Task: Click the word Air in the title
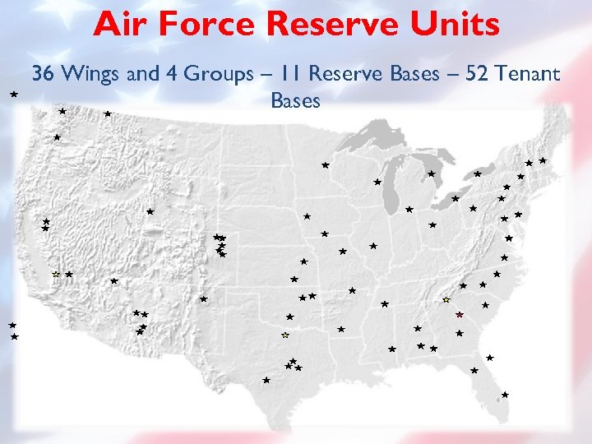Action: pyautogui.click(x=118, y=25)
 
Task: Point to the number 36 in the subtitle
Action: pyautogui.click(x=43, y=74)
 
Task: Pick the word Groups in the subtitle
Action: pyautogui.click(x=218, y=74)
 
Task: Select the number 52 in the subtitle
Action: pyautogui.click(x=479, y=74)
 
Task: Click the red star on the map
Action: pyautogui.click(x=460, y=315)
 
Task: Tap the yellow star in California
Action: pyautogui.click(x=56, y=274)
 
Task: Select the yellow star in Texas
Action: pyautogui.click(x=285, y=335)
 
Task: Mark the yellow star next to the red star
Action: pyautogui.click(x=446, y=300)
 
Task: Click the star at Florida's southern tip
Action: pyautogui.click(x=505, y=395)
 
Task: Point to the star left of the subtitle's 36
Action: pyautogui.click(x=14, y=95)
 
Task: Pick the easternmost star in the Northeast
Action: pyautogui.click(x=543, y=161)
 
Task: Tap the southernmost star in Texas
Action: pyautogui.click(x=266, y=380)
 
